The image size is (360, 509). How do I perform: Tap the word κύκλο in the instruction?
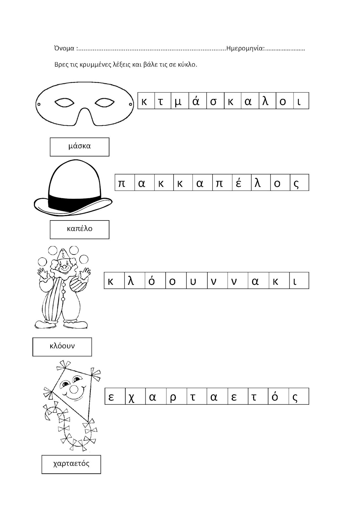pyautogui.click(x=189, y=65)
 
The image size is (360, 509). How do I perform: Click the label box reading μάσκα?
pyautogui.click(x=80, y=147)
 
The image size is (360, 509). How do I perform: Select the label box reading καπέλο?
pyautogui.click(x=80, y=229)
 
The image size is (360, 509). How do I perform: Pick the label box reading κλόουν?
pyautogui.click(x=62, y=346)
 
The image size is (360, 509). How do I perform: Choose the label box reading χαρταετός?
pyautogui.click(x=71, y=464)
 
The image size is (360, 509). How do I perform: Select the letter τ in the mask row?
pyautogui.click(x=161, y=101)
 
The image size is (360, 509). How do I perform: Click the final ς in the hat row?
pyautogui.click(x=296, y=184)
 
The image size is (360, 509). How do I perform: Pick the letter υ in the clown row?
pyautogui.click(x=193, y=282)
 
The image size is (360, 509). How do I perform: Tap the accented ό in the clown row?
pyautogui.click(x=152, y=281)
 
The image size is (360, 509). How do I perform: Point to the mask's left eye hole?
pyautogui.click(x=64, y=103)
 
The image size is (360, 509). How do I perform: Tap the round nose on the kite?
pyautogui.click(x=74, y=389)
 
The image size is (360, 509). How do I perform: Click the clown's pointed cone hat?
pyautogui.click(x=64, y=253)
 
